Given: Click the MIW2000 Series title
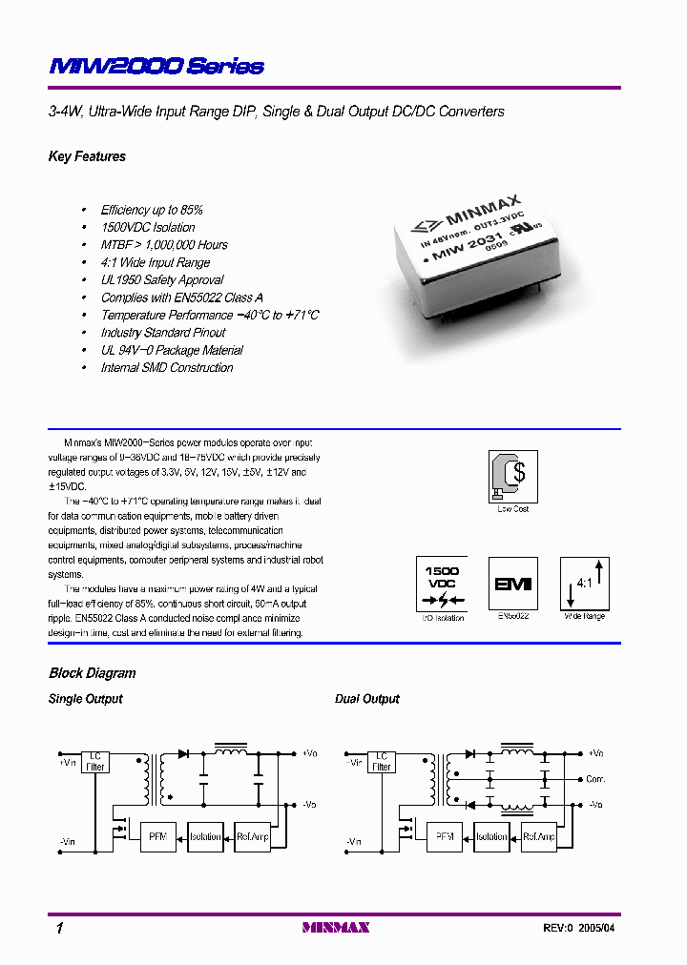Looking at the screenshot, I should (x=156, y=66).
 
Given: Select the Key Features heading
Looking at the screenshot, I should (x=87, y=156).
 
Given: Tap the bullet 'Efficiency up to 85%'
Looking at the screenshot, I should (x=152, y=210).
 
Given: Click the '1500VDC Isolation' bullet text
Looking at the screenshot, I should (x=148, y=227).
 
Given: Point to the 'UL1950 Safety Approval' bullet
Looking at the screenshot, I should (x=162, y=280).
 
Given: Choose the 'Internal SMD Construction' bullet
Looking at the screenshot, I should (x=167, y=368).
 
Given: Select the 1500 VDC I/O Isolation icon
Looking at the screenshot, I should (x=442, y=584).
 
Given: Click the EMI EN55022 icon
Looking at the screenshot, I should (x=513, y=584).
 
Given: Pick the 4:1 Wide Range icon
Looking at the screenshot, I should (x=584, y=584).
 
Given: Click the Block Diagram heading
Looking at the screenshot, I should (x=92, y=673).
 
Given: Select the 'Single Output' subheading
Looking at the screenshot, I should (x=85, y=699).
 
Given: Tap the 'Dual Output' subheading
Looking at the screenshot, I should (x=366, y=699).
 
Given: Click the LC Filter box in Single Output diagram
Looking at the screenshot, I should (x=95, y=761).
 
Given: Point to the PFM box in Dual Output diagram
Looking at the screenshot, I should (x=444, y=836).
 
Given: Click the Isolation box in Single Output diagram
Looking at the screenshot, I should (x=205, y=836).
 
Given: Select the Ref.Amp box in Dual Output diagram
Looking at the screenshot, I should (x=538, y=836).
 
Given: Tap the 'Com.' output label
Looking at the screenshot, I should (x=596, y=779).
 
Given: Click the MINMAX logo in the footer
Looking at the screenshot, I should (x=335, y=927).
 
